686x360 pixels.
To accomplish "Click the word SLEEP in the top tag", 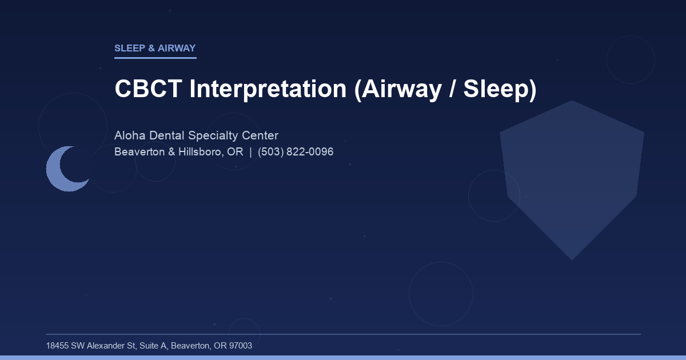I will tap(130, 49).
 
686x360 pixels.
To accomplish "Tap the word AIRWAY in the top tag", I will tap(177, 49).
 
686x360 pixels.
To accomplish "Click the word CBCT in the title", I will tap(149, 89).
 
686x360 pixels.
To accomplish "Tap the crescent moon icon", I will tap(64, 169).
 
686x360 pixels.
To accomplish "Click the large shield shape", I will tap(572, 177).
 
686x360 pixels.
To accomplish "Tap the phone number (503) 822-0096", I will tap(296, 153).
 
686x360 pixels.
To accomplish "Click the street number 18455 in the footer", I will tap(57, 346).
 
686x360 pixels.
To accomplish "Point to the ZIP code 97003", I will tap(240, 346).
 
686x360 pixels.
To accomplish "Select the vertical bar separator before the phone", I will tap(250, 153).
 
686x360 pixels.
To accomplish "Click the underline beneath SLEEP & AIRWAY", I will tap(155, 58).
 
